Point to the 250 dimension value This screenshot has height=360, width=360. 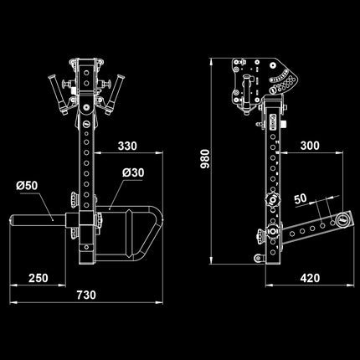(38, 279)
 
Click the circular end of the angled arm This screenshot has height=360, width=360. (342, 220)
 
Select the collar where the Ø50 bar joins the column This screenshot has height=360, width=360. (86, 222)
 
